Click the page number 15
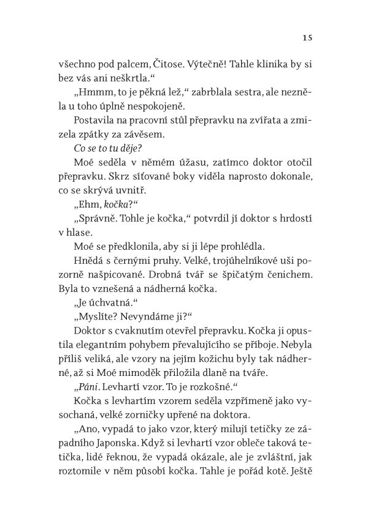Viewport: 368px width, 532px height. (x=308, y=38)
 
